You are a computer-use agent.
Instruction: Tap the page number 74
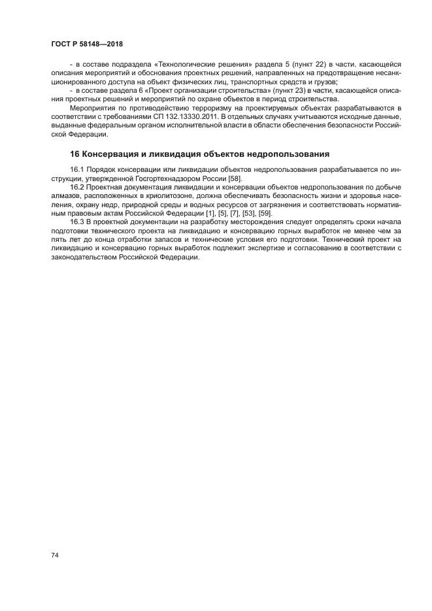click(x=55, y=555)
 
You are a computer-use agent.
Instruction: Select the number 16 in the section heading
click(x=75, y=154)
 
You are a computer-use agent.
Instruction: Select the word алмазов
click(x=67, y=195)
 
